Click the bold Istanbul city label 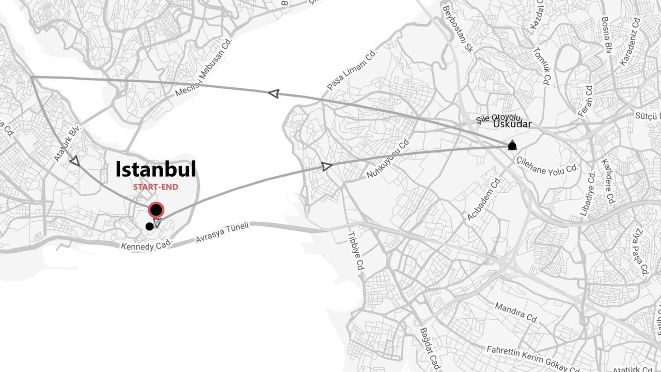click(x=155, y=169)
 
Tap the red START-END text click(x=155, y=187)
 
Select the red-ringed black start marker click(x=156, y=210)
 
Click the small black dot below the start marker click(x=149, y=226)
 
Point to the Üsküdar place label click(x=512, y=124)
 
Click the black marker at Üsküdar click(x=512, y=146)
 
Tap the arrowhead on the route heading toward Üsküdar click(x=326, y=166)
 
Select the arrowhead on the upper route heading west click(x=274, y=94)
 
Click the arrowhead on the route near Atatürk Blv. click(x=75, y=161)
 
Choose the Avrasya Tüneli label click(x=222, y=233)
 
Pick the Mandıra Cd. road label click(x=516, y=313)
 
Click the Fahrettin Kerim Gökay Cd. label click(x=533, y=358)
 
